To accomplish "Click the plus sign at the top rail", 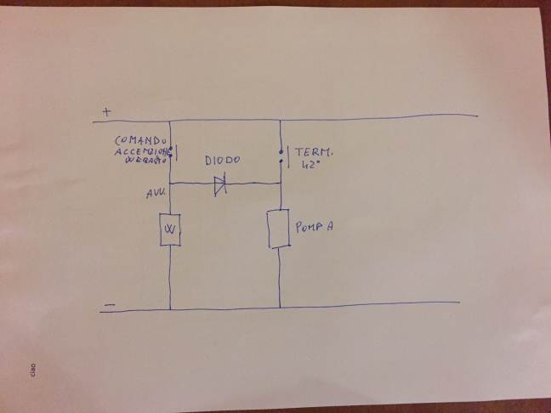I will coord(106,110).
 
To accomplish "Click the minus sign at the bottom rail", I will coord(109,303).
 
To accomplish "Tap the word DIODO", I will coord(223,160).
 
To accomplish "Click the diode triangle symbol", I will coord(219,183).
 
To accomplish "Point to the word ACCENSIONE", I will coord(141,150).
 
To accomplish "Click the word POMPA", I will coord(315,228).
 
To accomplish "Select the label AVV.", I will coord(155,195).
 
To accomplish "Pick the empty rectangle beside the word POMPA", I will coord(280,229).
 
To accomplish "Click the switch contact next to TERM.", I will coord(281,156).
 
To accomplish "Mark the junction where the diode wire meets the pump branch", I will coord(281,184).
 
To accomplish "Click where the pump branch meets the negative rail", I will coord(281,307).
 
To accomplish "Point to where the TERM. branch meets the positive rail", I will coord(281,119).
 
